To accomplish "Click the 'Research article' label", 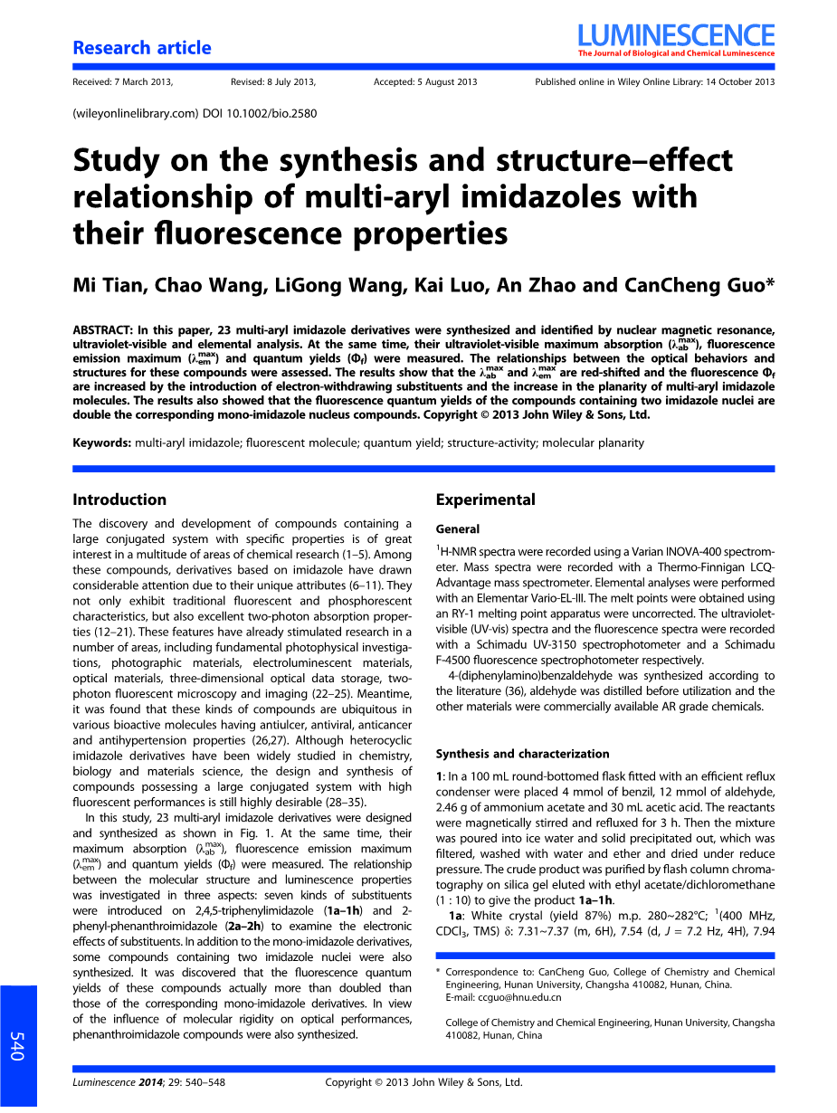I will point(142,48).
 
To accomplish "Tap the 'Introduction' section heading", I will point(119,499).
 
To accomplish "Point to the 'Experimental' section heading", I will point(485,499).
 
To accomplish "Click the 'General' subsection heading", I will point(458,528).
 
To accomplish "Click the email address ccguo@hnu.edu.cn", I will point(516,997).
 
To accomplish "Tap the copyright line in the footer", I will point(423,1082).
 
